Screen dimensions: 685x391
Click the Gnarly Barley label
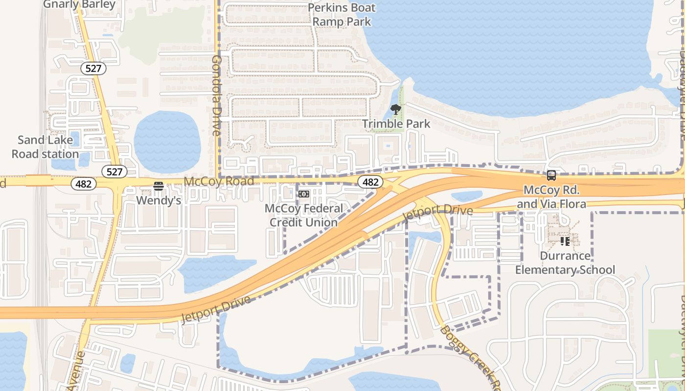[x=79, y=4]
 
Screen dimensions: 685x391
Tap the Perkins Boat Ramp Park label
[x=342, y=15]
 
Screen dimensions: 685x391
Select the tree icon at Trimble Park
[x=396, y=109]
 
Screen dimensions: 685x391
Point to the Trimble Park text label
[x=396, y=124]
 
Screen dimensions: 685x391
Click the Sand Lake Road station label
[x=45, y=147]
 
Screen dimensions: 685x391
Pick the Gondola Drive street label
[x=216, y=95]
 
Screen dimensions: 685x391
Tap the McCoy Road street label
[x=219, y=182]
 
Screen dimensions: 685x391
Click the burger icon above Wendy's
[x=158, y=186]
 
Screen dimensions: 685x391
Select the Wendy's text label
[x=158, y=200]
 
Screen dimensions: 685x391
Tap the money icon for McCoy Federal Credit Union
[x=304, y=194]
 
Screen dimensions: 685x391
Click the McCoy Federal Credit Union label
[x=304, y=216]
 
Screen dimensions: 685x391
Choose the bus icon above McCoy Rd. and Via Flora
[x=551, y=175]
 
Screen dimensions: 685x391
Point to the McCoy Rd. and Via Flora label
[x=551, y=196]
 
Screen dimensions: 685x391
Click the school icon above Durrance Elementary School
[x=565, y=241]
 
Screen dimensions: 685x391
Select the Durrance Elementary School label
[x=565, y=263]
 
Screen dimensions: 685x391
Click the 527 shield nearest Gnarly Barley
[x=93, y=68]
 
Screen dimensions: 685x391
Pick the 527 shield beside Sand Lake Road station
[x=114, y=172]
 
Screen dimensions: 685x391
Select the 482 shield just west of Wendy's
[x=84, y=184]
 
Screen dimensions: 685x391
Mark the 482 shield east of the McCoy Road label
[x=370, y=182]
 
